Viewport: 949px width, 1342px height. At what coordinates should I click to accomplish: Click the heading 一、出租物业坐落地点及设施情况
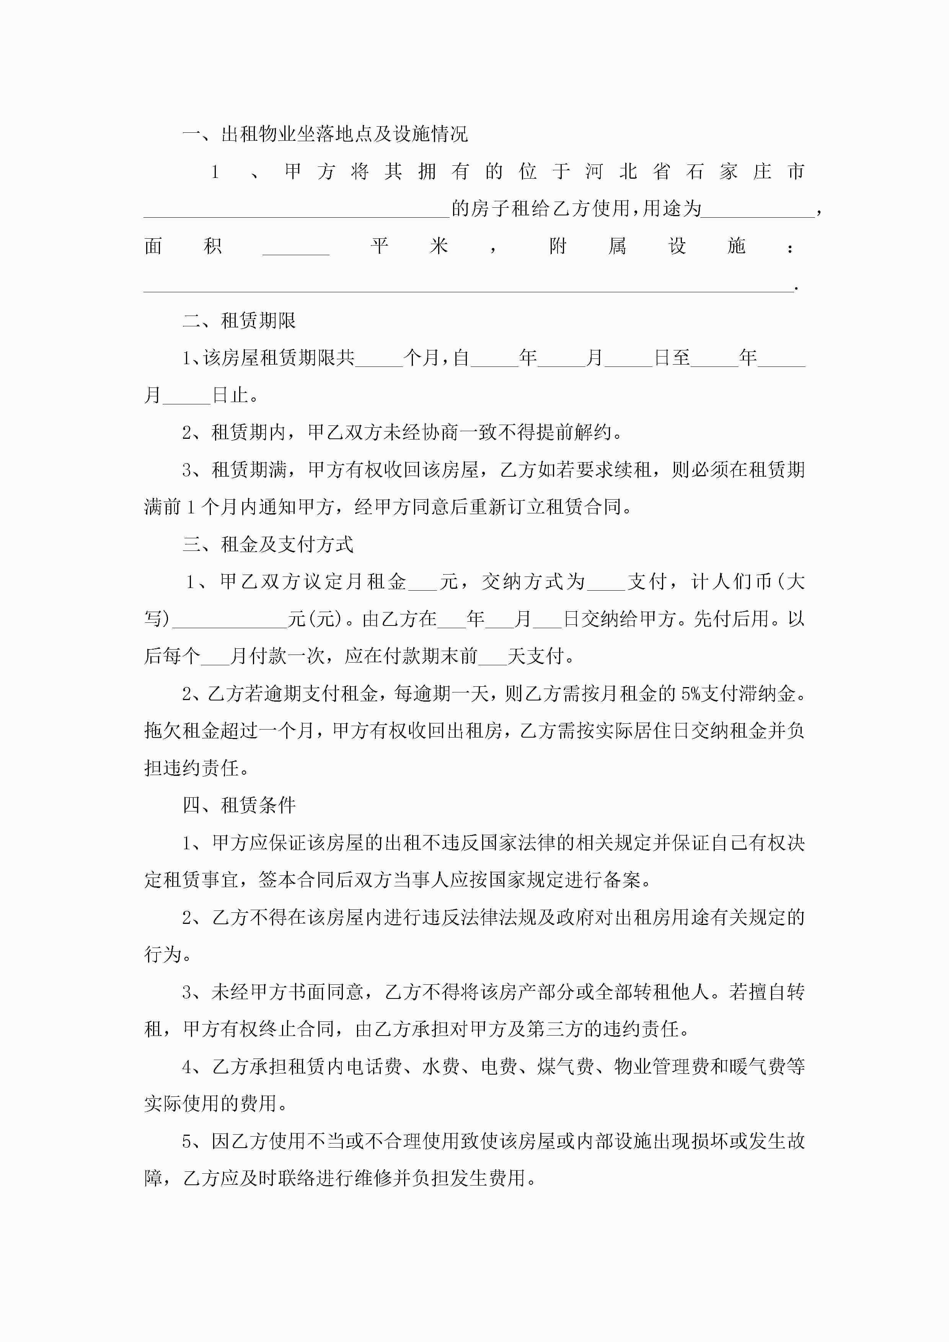[325, 134]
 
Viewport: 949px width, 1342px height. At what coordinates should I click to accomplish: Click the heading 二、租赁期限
[239, 320]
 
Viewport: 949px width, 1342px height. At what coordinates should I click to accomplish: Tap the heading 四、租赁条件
[239, 805]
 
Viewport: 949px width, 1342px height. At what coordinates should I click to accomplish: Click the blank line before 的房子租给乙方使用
[297, 210]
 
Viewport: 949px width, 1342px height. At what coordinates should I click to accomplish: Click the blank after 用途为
[758, 210]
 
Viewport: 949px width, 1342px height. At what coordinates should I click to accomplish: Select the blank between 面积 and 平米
[296, 248]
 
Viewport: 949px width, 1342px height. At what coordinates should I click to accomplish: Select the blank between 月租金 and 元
[423, 583]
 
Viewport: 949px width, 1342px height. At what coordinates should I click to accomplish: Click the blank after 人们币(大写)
[230, 621]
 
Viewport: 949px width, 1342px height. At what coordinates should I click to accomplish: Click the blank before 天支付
[492, 658]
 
